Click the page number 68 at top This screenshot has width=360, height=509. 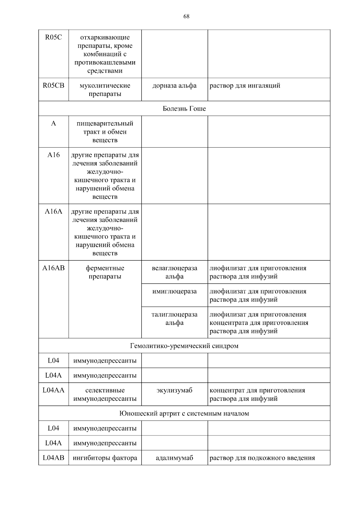pyautogui.click(x=186, y=16)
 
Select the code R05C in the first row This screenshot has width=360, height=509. pyautogui.click(x=53, y=37)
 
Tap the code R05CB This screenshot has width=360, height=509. pyautogui.click(x=53, y=85)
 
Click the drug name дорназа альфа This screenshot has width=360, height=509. pyautogui.click(x=174, y=85)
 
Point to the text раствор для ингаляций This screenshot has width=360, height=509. pyautogui.click(x=245, y=85)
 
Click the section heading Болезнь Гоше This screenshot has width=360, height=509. pyautogui.click(x=184, y=109)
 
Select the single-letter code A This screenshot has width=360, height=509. pyautogui.click(x=53, y=124)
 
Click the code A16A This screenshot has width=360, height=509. pyautogui.click(x=53, y=211)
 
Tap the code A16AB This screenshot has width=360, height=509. pyautogui.click(x=53, y=268)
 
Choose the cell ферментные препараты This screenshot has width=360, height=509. pyautogui.click(x=105, y=272)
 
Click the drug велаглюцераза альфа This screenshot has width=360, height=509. pyautogui.click(x=174, y=272)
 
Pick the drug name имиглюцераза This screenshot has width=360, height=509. pyautogui.click(x=174, y=291)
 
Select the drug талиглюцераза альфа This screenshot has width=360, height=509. pyautogui.click(x=174, y=319)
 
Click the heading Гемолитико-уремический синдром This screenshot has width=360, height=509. pyautogui.click(x=184, y=346)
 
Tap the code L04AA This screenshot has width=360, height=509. pyautogui.click(x=53, y=390)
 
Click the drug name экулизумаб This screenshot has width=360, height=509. pyautogui.click(x=174, y=390)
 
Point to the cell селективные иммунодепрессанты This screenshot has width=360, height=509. pyautogui.click(x=105, y=394)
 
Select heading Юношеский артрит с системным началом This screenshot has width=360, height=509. pyautogui.click(x=184, y=413)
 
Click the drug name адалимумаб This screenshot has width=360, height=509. pyautogui.click(x=174, y=458)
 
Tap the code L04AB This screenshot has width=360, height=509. pyautogui.click(x=53, y=458)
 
